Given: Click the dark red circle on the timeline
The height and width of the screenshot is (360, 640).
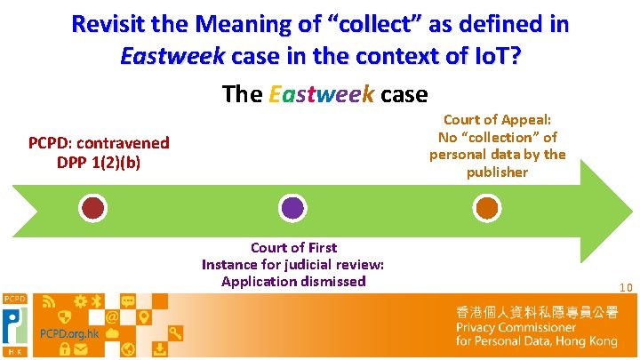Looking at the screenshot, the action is [x=93, y=208].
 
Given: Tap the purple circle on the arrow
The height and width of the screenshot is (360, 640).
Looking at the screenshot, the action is [x=292, y=208].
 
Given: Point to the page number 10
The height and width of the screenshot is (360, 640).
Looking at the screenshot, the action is [x=626, y=287].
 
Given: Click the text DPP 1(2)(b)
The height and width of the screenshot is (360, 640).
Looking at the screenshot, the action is [x=99, y=162].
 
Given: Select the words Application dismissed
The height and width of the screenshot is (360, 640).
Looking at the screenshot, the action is [x=293, y=281].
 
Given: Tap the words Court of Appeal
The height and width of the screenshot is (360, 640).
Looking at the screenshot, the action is [x=497, y=120].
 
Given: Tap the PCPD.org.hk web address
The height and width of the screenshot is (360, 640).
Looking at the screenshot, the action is [x=67, y=333].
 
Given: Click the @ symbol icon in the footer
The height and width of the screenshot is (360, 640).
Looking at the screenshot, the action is [x=113, y=317].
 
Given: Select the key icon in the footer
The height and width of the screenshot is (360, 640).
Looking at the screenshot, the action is [x=175, y=333].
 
